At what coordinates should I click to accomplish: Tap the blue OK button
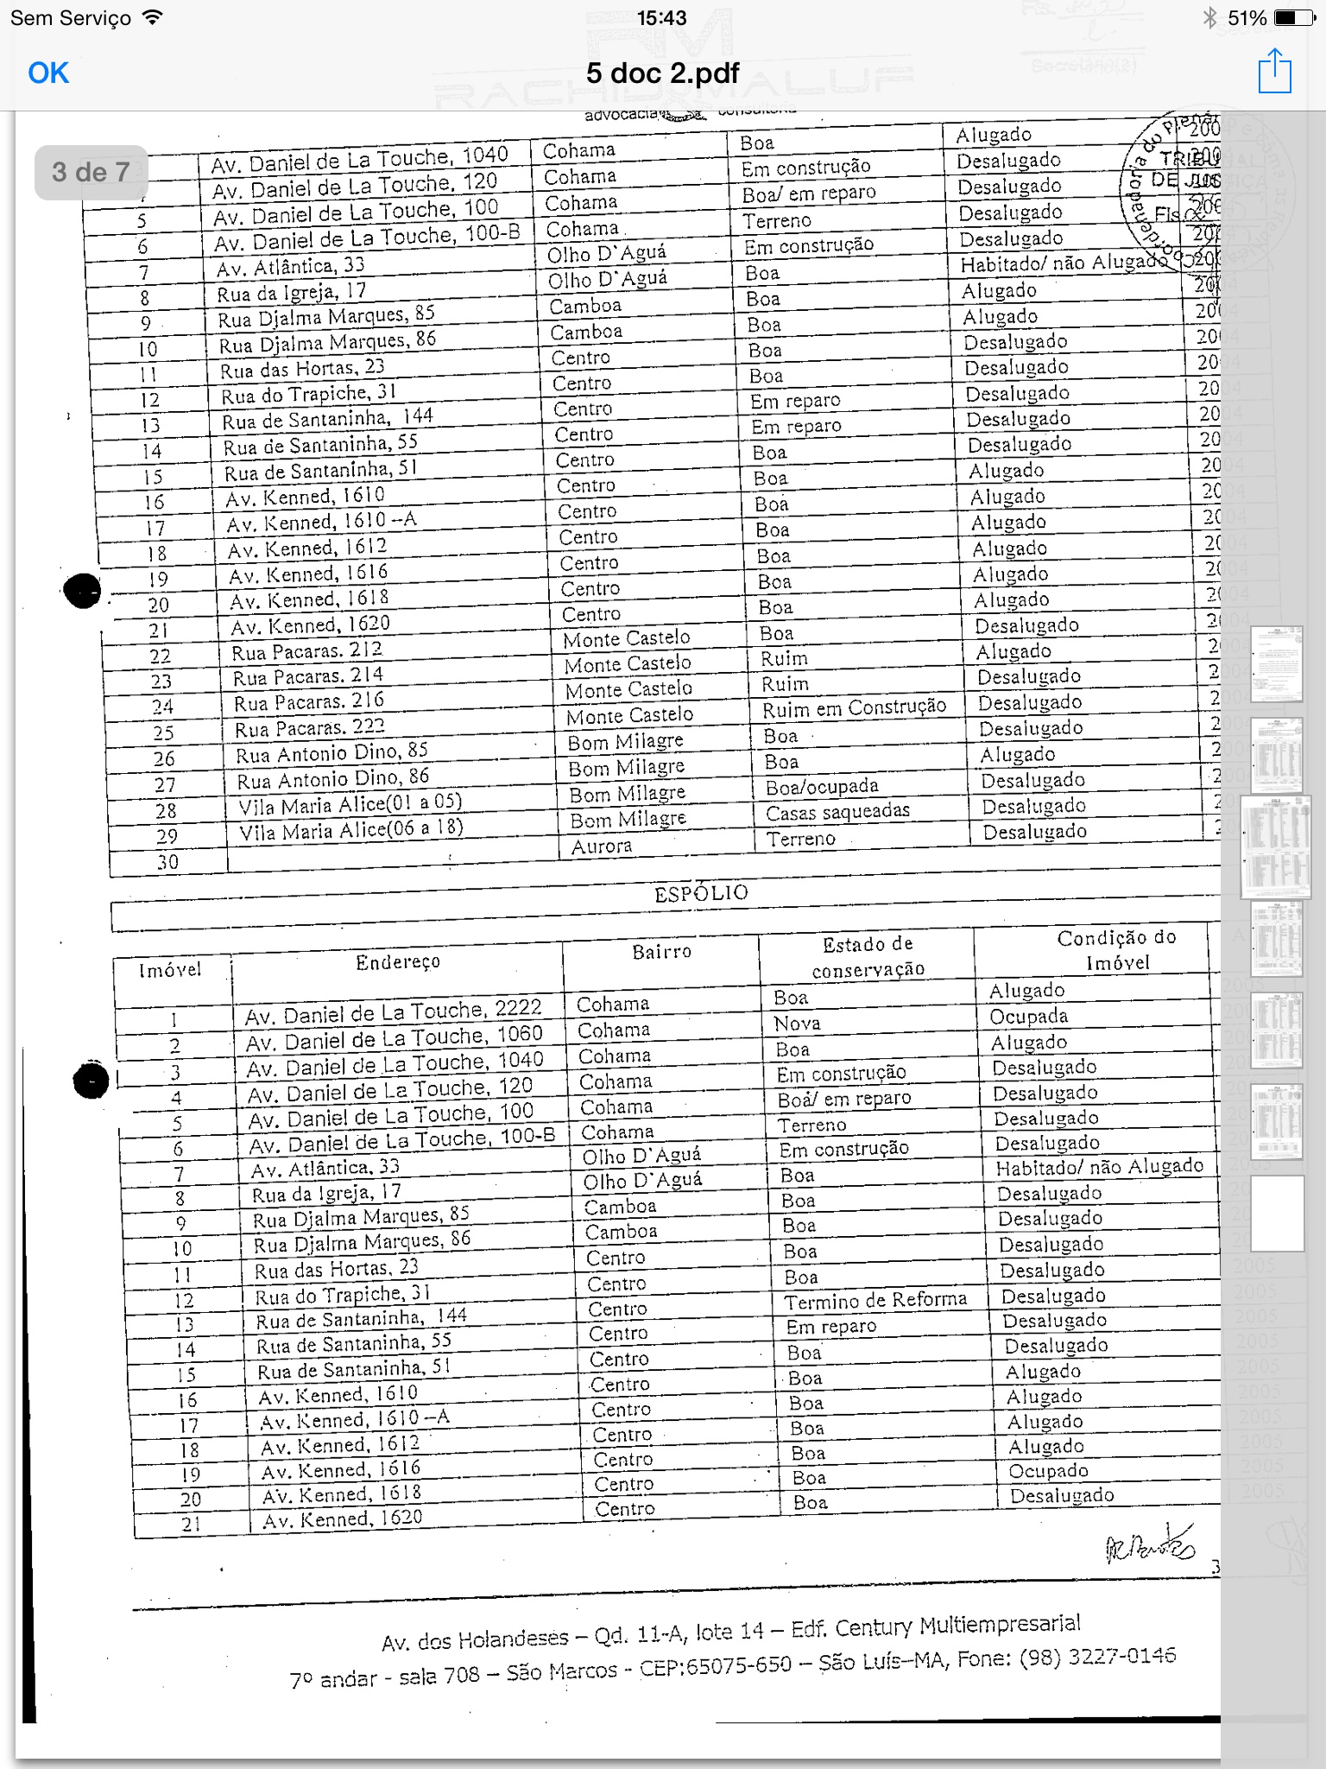pos(48,73)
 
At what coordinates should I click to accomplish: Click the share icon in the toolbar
pos(1274,72)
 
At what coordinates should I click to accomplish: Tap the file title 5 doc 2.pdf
pos(662,73)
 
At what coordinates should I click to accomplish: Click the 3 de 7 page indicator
pos(91,172)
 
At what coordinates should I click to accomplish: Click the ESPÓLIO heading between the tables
pos(701,893)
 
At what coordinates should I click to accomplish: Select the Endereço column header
pos(398,962)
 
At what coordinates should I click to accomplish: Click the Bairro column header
pos(661,952)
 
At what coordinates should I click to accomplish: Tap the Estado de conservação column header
pos(868,956)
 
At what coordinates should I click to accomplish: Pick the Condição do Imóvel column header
pos(1117,949)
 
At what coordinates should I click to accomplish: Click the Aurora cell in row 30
pos(602,846)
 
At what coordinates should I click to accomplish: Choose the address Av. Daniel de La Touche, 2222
pos(393,1012)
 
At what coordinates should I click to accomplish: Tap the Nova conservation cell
pos(797,1024)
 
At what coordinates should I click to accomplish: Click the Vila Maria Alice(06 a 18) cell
pos(351,829)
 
